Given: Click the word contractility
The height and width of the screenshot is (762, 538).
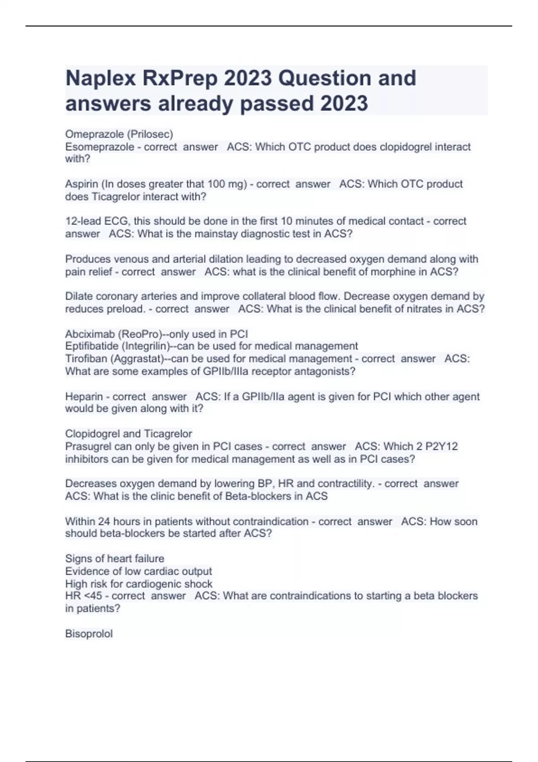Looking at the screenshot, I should click(345, 484).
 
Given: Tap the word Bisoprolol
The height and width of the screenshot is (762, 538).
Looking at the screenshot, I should click(89, 634).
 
